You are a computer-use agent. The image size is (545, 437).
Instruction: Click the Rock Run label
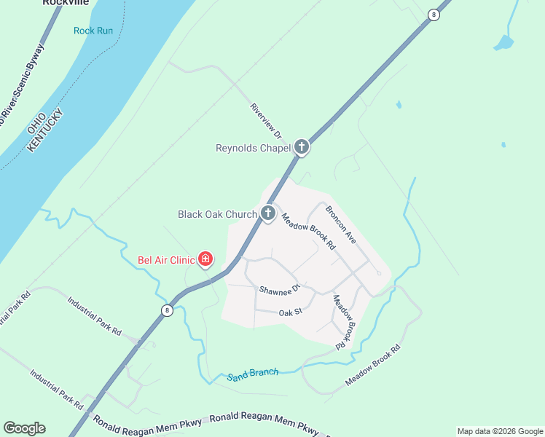coord(93,31)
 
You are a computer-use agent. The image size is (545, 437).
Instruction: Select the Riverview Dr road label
coord(265,120)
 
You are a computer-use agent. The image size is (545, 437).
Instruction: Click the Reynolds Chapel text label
coord(252,148)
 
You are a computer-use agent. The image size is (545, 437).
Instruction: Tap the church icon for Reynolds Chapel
coord(302,147)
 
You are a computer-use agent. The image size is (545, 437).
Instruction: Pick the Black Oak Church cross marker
coord(268,213)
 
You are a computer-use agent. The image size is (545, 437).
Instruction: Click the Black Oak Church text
coord(217,214)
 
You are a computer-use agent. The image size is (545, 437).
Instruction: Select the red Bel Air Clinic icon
coord(205,259)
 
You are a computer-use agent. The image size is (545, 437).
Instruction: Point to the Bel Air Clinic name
coord(166,259)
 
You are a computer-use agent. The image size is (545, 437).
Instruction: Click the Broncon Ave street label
coord(340,224)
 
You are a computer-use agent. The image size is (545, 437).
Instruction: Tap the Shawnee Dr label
coord(280,290)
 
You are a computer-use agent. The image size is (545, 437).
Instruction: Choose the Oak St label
coord(290,312)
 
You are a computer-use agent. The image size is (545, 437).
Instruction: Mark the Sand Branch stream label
coord(252,374)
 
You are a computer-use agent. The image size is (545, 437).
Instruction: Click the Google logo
coord(24,428)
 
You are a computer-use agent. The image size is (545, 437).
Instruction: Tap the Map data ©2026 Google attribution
coord(499,431)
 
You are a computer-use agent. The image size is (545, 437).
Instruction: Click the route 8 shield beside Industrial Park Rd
coord(167,310)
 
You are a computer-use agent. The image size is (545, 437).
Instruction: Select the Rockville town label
coord(66,3)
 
